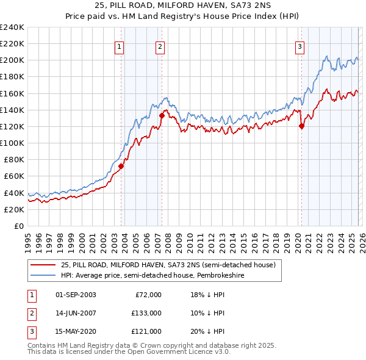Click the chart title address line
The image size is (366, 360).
pyautogui.click(x=183, y=5)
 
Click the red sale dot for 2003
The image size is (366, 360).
pyautogui.click(x=121, y=166)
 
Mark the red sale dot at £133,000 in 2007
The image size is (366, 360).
pyautogui.click(x=162, y=115)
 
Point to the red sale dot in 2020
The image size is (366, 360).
pyautogui.click(x=301, y=126)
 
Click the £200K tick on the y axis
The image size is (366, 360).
pyautogui.click(x=12, y=60)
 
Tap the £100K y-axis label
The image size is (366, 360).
pyautogui.click(x=12, y=143)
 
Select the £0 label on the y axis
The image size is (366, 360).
pyautogui.click(x=18, y=226)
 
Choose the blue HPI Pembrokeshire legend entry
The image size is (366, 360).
pyautogui.click(x=152, y=275)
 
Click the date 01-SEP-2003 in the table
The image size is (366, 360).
pyautogui.click(x=76, y=294)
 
